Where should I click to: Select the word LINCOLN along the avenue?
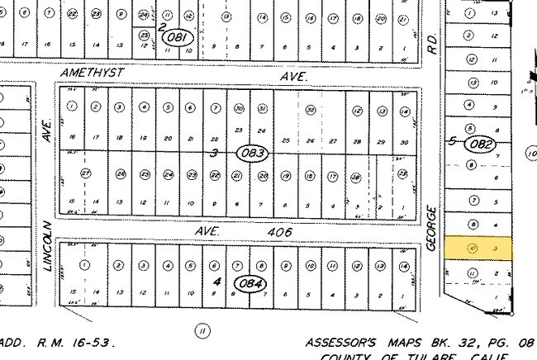[x=49, y=247]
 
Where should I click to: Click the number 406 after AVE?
[x=281, y=233]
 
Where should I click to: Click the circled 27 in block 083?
[x=85, y=173]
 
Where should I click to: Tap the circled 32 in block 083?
[x=311, y=110]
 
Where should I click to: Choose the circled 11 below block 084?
[x=201, y=330]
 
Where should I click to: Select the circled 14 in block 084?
[x=403, y=265]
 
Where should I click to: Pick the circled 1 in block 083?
[x=73, y=107]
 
